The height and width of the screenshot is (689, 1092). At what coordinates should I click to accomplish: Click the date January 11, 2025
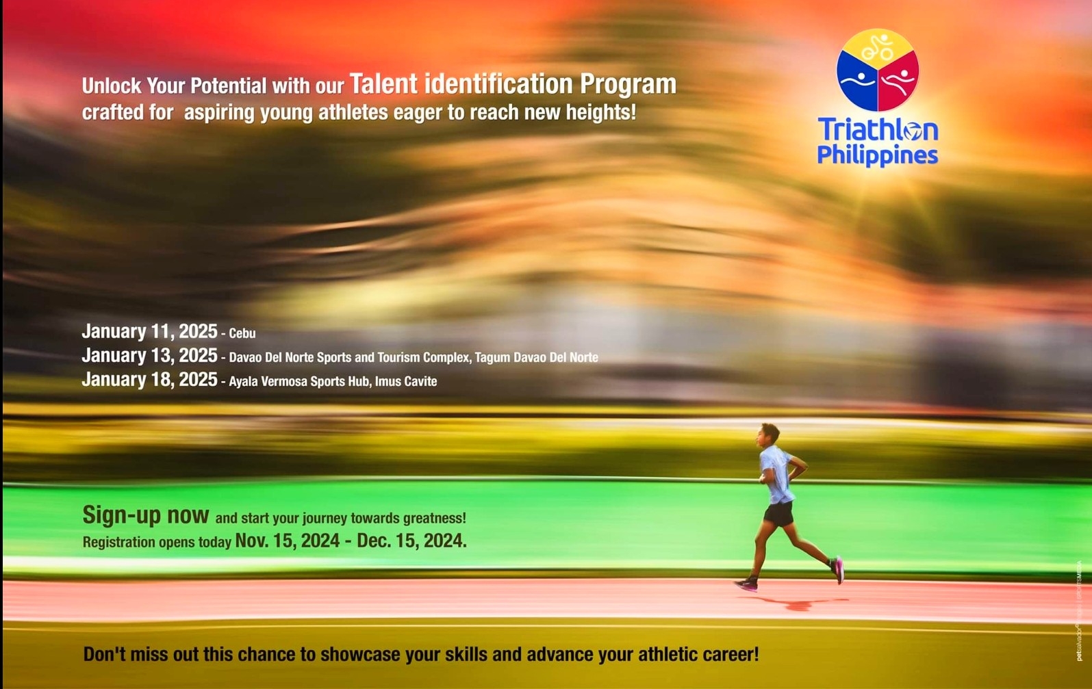[149, 332]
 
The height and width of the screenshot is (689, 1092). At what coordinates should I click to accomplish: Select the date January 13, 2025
[149, 356]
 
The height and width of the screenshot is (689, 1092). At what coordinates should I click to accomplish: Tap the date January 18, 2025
[149, 380]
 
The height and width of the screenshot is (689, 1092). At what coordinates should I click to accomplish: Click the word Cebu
[242, 334]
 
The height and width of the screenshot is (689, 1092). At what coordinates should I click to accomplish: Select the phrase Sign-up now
[145, 515]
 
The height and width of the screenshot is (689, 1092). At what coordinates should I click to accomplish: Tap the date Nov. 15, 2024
[287, 541]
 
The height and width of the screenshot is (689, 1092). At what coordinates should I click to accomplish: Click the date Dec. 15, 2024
[411, 541]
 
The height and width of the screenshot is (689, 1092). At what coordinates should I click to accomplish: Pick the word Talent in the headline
[383, 84]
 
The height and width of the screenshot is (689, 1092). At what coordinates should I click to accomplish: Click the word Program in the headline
[628, 85]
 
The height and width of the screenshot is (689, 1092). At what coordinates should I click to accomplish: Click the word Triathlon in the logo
[878, 129]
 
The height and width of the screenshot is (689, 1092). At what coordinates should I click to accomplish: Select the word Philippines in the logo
[877, 156]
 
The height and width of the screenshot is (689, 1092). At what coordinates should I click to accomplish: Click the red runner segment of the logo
[898, 83]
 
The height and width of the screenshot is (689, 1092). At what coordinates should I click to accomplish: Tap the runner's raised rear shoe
[838, 569]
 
